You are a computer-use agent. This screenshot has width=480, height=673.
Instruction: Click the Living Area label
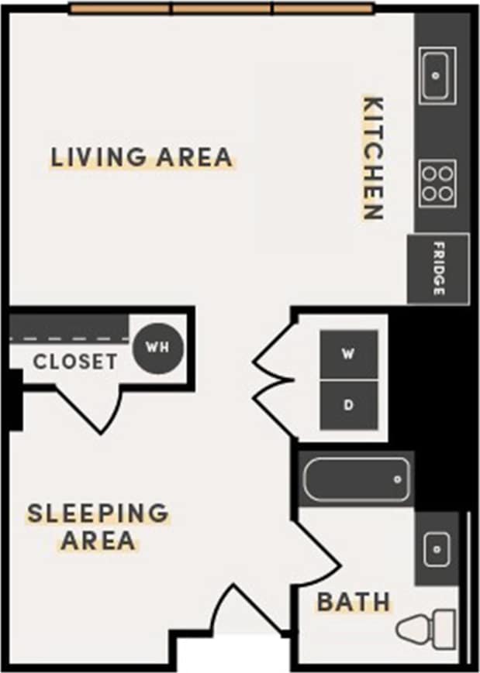[141, 157]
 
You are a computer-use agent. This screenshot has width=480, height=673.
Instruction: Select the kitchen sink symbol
[437, 75]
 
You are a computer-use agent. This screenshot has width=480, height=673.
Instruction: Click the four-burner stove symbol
[437, 184]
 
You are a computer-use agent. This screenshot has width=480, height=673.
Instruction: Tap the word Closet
[75, 362]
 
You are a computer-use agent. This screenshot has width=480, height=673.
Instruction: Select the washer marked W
[349, 355]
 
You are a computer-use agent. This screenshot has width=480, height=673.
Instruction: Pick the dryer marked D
[349, 405]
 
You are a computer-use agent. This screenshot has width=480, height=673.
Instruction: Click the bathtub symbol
[356, 480]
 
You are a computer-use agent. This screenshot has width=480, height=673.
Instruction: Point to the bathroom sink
[437, 548]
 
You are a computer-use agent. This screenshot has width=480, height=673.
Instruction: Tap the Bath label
[354, 602]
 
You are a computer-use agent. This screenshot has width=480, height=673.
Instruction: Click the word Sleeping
[98, 513]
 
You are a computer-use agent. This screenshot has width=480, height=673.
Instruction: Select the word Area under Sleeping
[98, 540]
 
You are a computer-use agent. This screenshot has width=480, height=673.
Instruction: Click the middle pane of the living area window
[223, 9]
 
